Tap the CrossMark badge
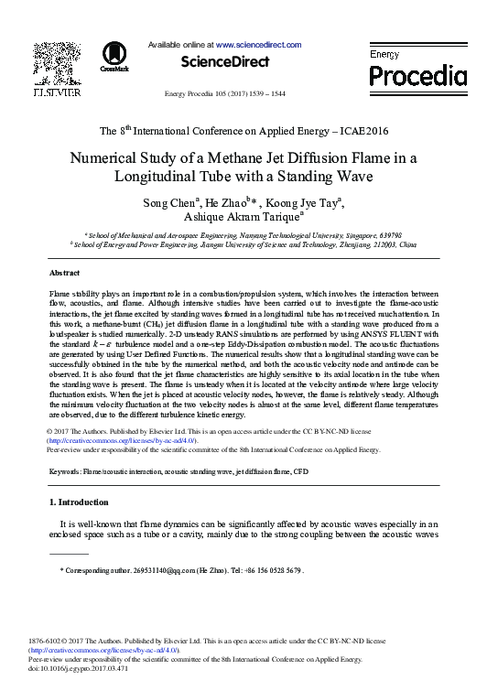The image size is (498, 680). coord(115,57)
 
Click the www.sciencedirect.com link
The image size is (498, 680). coord(259,44)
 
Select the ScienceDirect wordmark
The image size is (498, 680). coord(225,62)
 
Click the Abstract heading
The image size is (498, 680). coord(64,274)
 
